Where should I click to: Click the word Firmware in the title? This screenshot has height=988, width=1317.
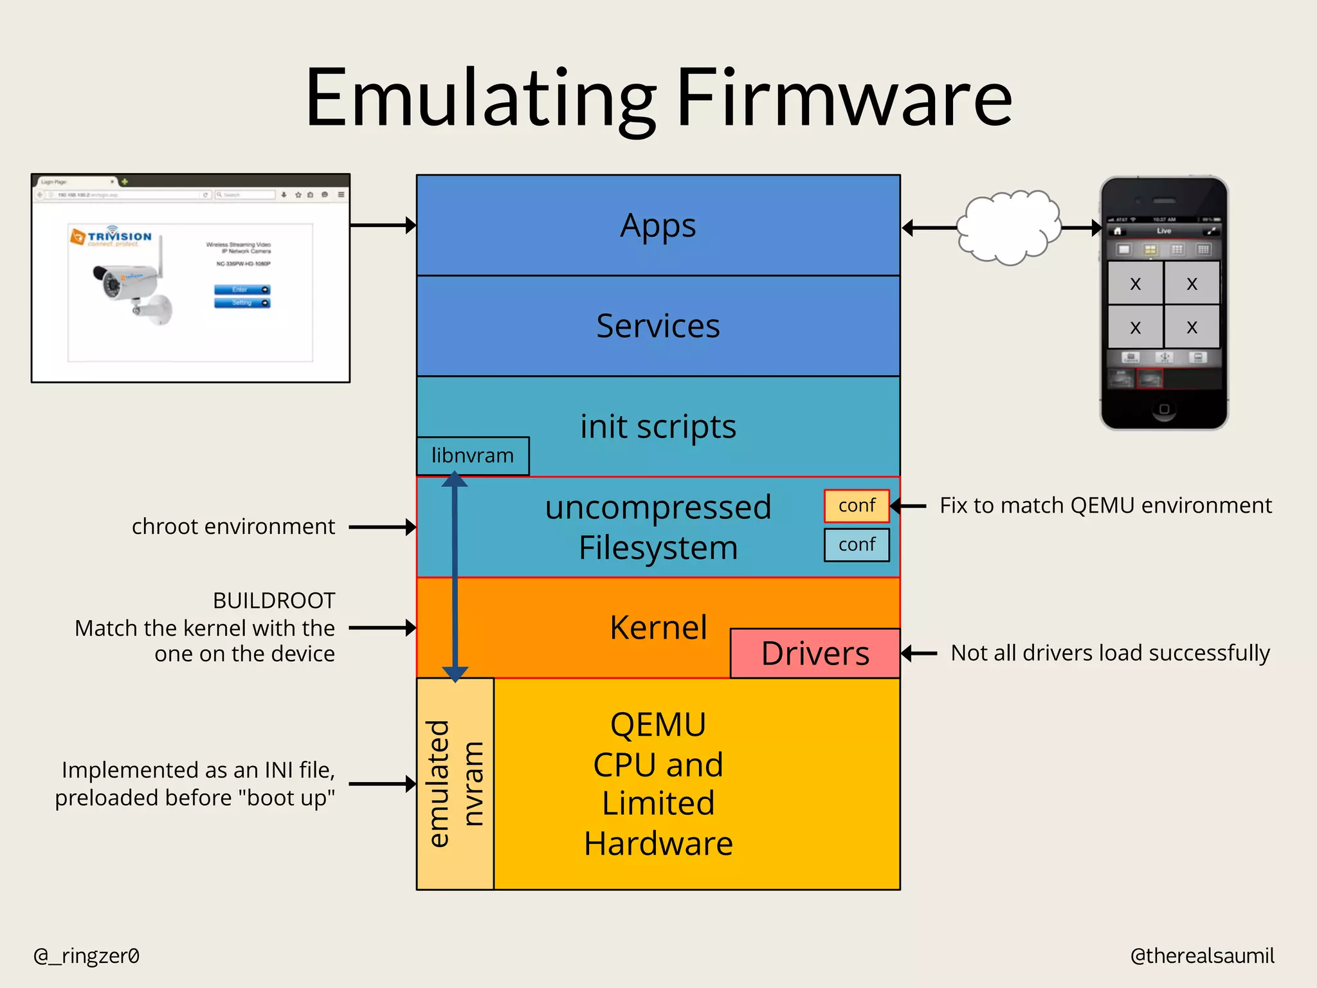(844, 98)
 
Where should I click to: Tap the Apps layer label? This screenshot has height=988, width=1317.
(658, 226)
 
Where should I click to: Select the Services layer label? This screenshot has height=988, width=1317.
(658, 326)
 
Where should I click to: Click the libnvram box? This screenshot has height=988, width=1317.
(473, 456)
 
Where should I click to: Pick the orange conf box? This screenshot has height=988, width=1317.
(857, 506)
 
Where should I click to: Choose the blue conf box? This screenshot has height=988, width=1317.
(857, 545)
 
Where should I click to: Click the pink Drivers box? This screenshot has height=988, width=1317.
(815, 654)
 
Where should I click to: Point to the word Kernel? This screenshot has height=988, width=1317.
(658, 627)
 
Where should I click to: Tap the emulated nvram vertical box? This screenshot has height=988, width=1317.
(455, 783)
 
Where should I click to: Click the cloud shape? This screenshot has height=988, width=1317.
(1008, 227)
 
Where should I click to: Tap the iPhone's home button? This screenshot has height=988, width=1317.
(1164, 409)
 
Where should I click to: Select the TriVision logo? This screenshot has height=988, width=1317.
(111, 237)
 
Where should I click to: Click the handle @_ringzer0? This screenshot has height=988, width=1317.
(86, 956)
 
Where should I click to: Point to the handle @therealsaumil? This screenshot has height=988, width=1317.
(1202, 956)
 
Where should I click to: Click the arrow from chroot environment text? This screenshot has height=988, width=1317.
(382, 527)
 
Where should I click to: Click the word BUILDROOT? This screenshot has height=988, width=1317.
(274, 601)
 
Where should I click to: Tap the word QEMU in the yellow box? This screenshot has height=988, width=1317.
(658, 725)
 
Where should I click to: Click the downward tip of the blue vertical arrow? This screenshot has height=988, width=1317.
(455, 677)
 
